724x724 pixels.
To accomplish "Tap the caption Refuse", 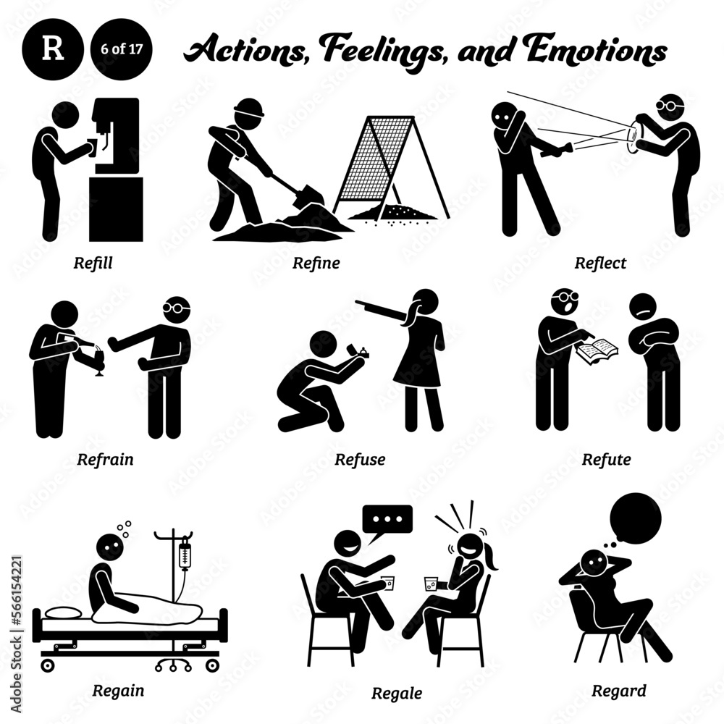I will coord(360,458).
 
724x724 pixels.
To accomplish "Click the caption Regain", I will coord(118,689).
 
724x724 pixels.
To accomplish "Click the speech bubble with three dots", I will coord(387,519).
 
